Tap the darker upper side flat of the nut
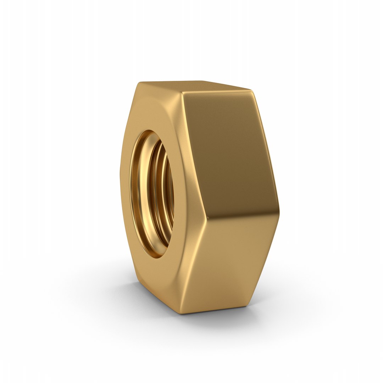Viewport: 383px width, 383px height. point(229,149)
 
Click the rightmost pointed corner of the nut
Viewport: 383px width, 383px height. point(279,212)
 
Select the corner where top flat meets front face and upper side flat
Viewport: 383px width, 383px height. point(182,93)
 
